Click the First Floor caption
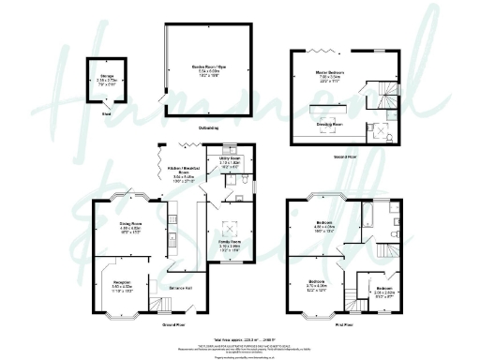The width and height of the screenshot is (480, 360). click(x=345, y=324)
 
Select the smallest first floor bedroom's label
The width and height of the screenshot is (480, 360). click(x=385, y=290)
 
